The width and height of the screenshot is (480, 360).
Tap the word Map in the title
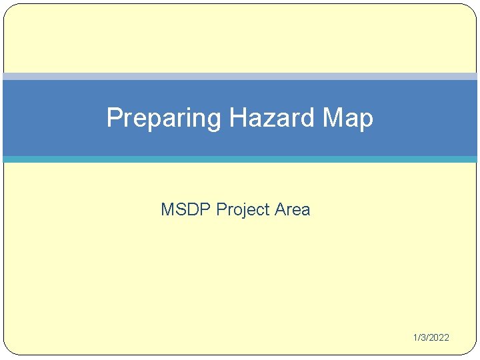pos(347,119)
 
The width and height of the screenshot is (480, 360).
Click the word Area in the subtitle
pos(293,209)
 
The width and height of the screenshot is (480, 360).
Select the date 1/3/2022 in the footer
pos(430,337)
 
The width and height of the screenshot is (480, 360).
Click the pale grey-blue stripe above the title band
pos(240,76)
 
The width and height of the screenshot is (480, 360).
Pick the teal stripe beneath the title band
pos(240,159)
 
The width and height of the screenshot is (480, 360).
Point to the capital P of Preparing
pos(114,118)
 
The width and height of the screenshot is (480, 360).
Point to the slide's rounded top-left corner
pos(8,9)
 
